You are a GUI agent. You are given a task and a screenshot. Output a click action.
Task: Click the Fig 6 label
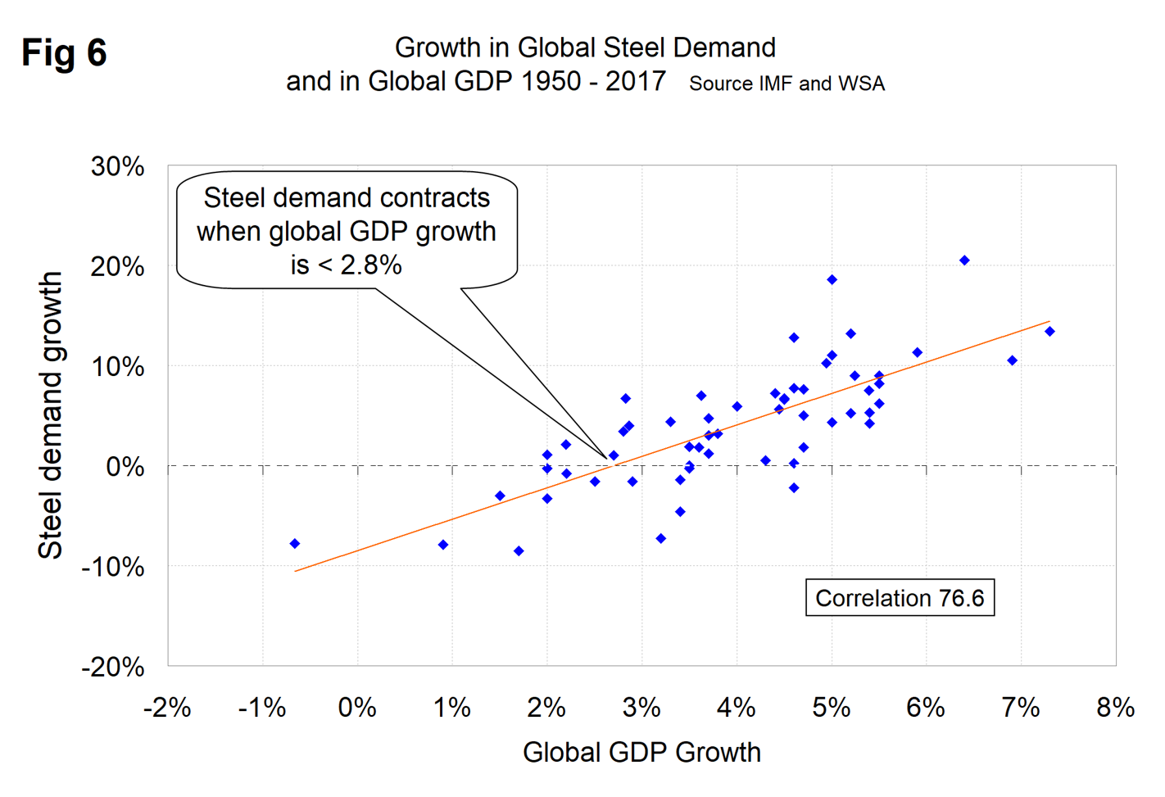[64, 52]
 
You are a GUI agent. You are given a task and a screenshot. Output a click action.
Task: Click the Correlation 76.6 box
[899, 598]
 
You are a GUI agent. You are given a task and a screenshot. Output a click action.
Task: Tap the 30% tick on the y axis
[118, 166]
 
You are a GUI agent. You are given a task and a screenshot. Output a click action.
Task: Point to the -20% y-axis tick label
[113, 667]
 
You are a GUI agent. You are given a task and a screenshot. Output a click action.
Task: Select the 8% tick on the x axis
[1115, 707]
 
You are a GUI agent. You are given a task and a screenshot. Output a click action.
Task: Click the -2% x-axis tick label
[167, 707]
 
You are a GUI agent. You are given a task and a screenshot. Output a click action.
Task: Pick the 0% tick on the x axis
[357, 707]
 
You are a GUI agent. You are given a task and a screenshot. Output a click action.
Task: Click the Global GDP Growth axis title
[641, 752]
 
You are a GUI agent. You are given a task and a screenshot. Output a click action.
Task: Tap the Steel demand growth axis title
[51, 415]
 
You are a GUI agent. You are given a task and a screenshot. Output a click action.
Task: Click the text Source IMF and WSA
[786, 84]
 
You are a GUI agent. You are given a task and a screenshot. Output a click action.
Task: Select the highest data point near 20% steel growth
[964, 260]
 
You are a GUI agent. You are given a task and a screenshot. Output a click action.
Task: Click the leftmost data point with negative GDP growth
[295, 544]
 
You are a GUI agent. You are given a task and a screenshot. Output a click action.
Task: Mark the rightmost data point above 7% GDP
[1049, 332]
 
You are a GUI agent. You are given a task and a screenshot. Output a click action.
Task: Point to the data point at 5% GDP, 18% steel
[832, 280]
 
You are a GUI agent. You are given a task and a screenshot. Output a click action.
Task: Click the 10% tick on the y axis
[118, 366]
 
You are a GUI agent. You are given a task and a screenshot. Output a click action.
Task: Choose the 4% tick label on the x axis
[736, 707]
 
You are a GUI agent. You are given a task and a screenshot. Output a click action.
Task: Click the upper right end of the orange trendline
[1049, 322]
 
